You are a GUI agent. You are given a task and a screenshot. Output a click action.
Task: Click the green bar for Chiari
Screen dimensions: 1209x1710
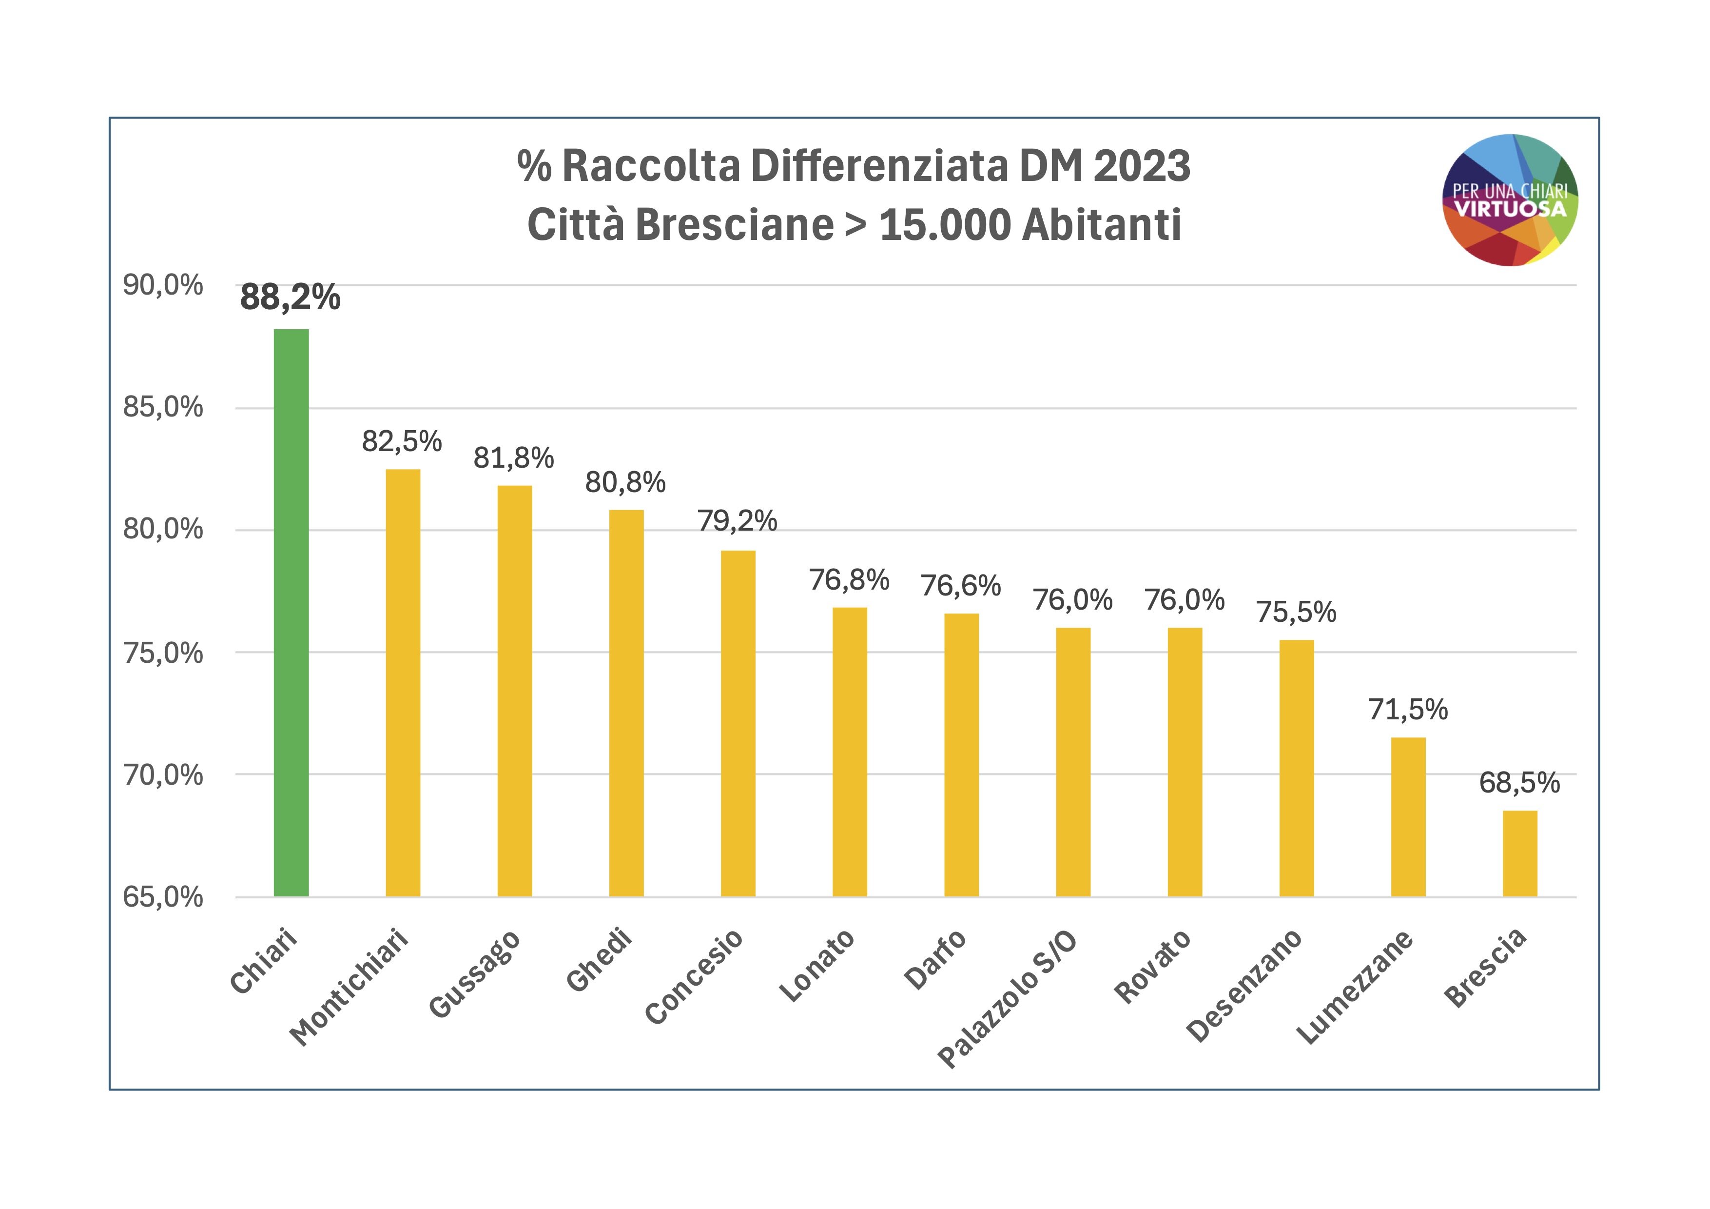(291, 613)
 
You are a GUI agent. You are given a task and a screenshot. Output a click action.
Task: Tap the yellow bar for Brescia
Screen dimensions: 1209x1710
(1519, 853)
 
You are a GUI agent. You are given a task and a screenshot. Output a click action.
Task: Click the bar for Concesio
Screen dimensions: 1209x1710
(738, 723)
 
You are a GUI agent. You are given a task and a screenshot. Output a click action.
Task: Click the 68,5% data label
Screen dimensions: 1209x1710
(1519, 782)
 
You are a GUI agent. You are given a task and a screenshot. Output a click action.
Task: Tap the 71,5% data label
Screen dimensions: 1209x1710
(1408, 710)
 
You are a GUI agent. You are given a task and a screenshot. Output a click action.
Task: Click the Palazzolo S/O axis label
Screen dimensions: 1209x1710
(1006, 998)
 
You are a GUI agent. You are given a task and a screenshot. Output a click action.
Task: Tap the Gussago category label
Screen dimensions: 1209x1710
(474, 973)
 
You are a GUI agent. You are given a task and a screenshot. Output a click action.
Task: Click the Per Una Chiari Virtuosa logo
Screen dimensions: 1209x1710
(1511, 199)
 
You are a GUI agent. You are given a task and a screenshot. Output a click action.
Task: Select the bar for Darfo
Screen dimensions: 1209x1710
(961, 754)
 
